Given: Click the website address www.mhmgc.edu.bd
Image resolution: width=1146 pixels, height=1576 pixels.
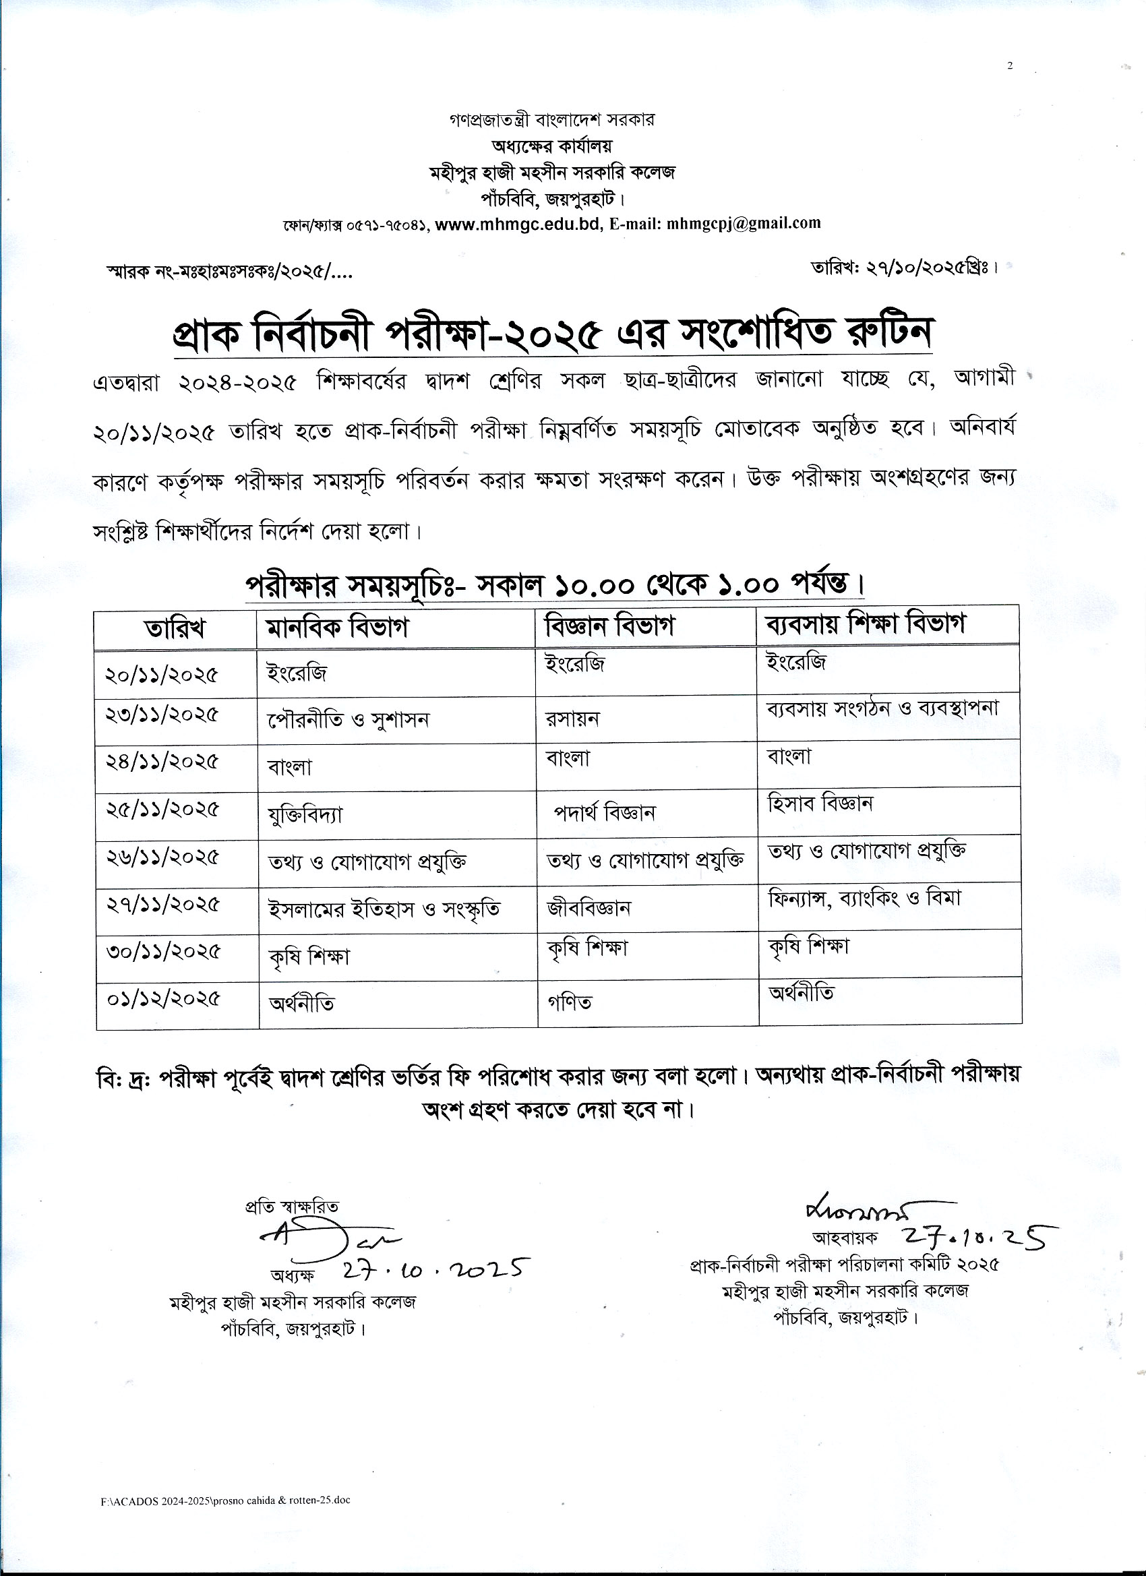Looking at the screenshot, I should click(518, 224).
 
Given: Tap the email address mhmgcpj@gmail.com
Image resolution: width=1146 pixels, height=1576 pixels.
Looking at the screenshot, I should click(743, 223).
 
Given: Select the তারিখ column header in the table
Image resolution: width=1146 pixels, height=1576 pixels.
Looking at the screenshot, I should click(175, 628).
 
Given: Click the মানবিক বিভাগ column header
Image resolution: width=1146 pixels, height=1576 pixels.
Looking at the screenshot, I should click(337, 628).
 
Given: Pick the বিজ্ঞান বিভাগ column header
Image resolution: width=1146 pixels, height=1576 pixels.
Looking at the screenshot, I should click(609, 626).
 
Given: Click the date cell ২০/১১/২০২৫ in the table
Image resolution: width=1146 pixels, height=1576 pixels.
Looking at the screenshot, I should click(162, 674).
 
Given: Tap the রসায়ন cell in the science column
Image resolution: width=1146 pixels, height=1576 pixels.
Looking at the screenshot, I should click(572, 719).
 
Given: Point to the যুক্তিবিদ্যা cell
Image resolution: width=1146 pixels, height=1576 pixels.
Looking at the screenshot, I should click(305, 814).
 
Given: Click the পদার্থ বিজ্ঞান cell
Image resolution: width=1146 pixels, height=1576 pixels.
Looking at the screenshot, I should click(604, 812).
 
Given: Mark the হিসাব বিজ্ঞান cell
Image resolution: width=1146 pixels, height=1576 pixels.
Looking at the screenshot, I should click(820, 804).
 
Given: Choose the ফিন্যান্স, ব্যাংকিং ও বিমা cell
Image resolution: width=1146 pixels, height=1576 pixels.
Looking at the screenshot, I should click(864, 898).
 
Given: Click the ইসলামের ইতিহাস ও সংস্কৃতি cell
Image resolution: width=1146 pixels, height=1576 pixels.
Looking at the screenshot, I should click(384, 909).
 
